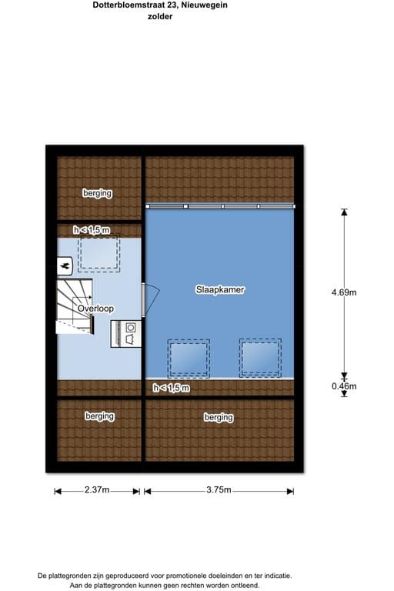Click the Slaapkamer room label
(220, 289)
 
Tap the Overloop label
(95, 309)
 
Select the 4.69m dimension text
(344, 292)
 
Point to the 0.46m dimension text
(344, 386)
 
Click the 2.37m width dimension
(97, 489)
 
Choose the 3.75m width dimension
(219, 489)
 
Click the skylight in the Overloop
(98, 253)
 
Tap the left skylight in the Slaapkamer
(189, 358)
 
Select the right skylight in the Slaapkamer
(260, 358)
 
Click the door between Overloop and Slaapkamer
(150, 299)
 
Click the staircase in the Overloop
(75, 306)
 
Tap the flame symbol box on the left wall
(65, 266)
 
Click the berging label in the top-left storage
(97, 193)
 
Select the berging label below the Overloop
(99, 416)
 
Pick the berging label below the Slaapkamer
(219, 417)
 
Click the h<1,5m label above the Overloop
(92, 230)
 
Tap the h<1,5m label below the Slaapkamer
(171, 388)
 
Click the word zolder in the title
(160, 17)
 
